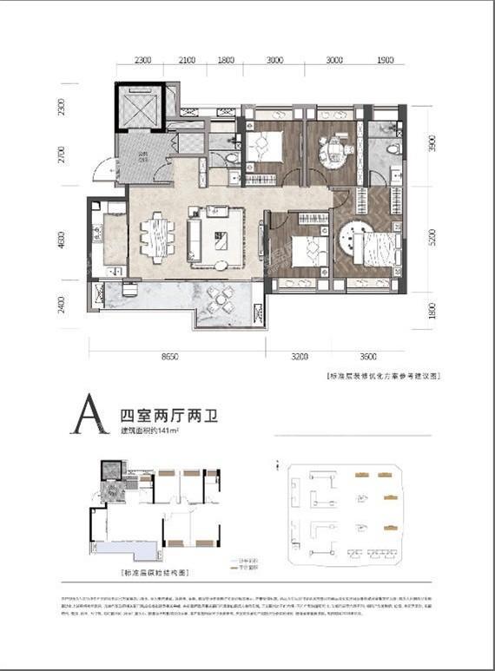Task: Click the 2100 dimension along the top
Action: click(x=187, y=61)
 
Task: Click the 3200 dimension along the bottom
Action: click(x=300, y=357)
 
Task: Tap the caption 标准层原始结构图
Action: click(x=151, y=574)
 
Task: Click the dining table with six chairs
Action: click(x=157, y=237)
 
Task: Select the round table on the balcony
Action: click(x=222, y=299)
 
